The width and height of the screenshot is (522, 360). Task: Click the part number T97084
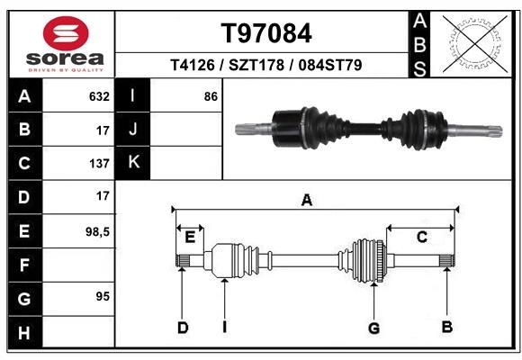pyautogui.click(x=266, y=33)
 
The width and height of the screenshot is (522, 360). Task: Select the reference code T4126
pyautogui.click(x=192, y=66)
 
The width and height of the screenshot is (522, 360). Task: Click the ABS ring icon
pyautogui.click(x=474, y=42)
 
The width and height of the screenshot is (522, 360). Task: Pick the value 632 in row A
pyautogui.click(x=99, y=96)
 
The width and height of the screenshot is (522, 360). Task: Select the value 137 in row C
pyautogui.click(x=99, y=164)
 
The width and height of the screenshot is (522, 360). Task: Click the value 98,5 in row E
pyautogui.click(x=96, y=231)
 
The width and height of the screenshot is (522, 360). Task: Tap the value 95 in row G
pyautogui.click(x=102, y=296)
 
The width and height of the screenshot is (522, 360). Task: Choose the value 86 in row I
pyautogui.click(x=211, y=96)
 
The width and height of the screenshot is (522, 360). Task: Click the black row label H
pyautogui.click(x=23, y=332)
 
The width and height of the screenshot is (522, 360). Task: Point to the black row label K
pyautogui.click(x=133, y=162)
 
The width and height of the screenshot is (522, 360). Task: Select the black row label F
pyautogui.click(x=23, y=265)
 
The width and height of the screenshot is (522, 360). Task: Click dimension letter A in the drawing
pyautogui.click(x=307, y=201)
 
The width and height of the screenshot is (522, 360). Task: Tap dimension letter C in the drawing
pyautogui.click(x=421, y=237)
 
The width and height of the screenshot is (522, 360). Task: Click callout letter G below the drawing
pyautogui.click(x=373, y=328)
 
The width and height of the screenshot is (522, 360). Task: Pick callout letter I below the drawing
pyautogui.click(x=224, y=327)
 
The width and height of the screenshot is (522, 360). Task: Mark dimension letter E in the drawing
pyautogui.click(x=190, y=238)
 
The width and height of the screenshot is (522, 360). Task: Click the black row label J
pyautogui.click(x=133, y=130)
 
